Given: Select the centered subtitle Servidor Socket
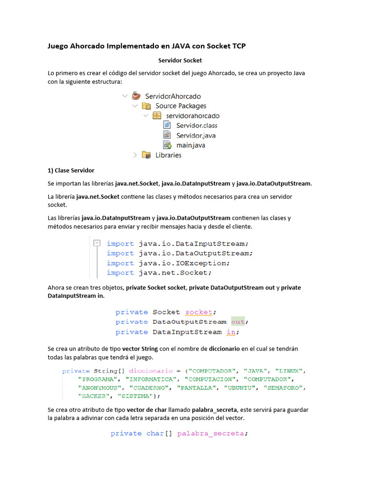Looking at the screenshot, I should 180,60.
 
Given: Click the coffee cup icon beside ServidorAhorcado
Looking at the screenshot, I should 136,96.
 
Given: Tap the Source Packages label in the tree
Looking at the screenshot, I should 181,106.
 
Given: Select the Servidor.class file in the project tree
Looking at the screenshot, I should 197,126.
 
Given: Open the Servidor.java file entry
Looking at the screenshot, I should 196,136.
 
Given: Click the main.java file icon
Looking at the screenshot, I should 167,145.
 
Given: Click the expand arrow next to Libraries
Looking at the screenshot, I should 135,155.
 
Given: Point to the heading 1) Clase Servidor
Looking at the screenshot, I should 71,170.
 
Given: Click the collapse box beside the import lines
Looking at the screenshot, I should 97,243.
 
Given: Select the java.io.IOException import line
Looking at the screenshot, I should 168,263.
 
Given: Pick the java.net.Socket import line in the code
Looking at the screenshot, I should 159,273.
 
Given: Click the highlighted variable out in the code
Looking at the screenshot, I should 238,322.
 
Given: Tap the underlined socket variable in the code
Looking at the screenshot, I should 199,312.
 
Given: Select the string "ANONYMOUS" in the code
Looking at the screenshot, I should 100,388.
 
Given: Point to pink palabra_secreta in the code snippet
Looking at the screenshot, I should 211,433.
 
